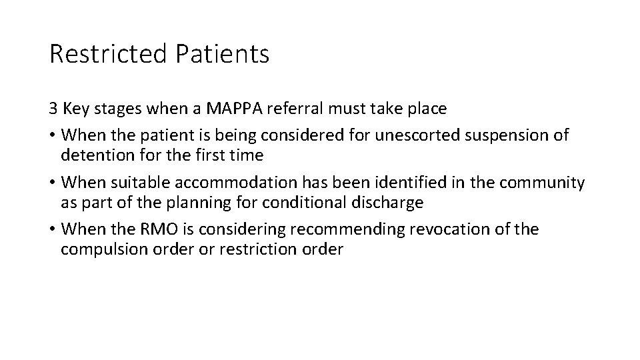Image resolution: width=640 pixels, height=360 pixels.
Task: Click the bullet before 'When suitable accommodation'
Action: coord(52,183)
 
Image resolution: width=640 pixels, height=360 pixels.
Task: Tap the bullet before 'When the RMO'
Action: coord(52,230)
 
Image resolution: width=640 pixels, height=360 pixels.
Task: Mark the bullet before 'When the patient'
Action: coord(52,135)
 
